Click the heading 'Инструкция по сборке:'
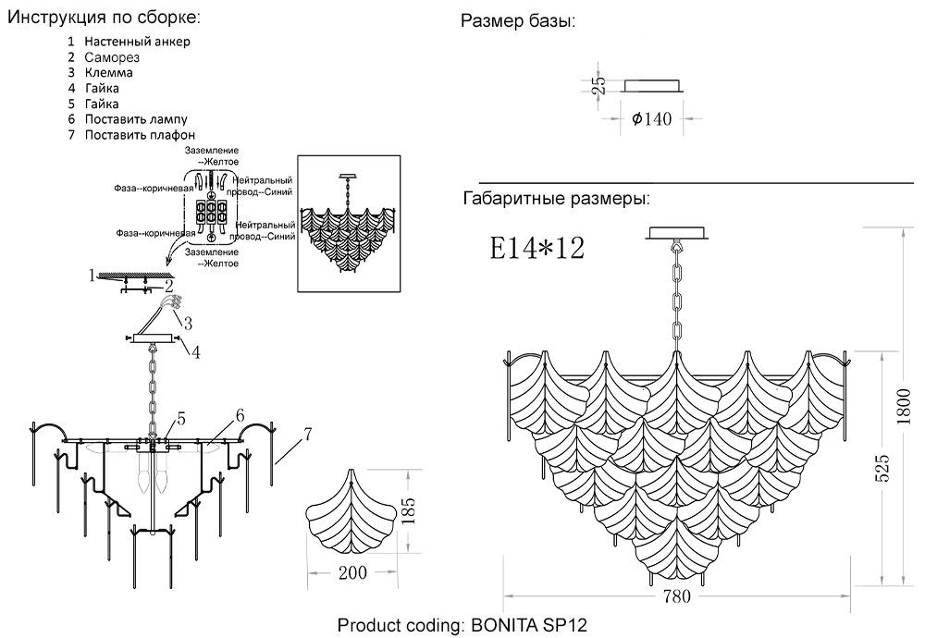[x=103, y=18]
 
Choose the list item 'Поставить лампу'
[x=136, y=119]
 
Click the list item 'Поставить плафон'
[x=140, y=135]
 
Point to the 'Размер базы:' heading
[x=517, y=22]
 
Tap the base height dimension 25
[x=599, y=85]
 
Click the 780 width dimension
[x=676, y=596]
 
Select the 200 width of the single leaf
[x=351, y=573]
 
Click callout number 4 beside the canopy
[x=196, y=350]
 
